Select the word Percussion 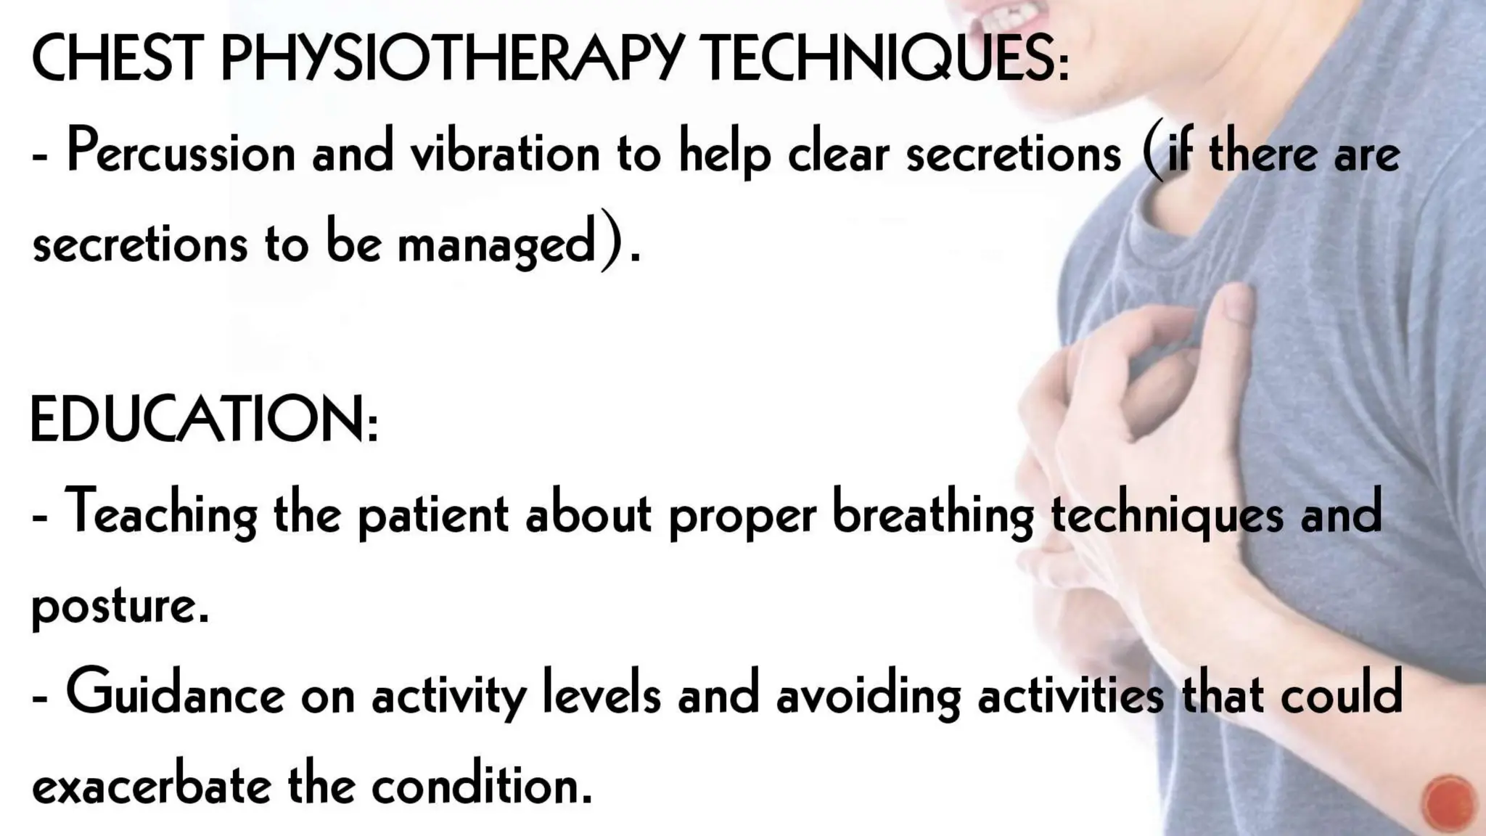click(x=181, y=152)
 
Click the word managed click(x=496, y=245)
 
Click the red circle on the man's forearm click(x=1450, y=803)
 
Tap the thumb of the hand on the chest click(x=1233, y=312)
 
